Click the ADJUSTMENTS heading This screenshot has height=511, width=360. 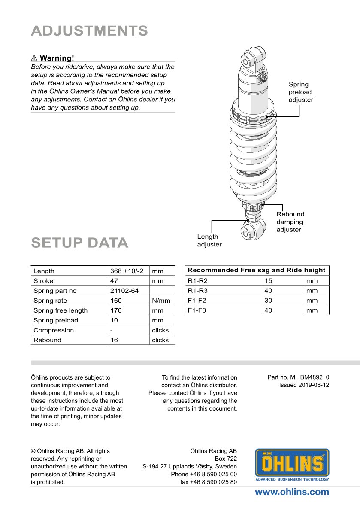click(89, 31)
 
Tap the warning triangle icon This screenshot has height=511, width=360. click(34, 58)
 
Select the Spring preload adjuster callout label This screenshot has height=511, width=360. click(300, 92)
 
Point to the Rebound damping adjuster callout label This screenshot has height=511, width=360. click(290, 222)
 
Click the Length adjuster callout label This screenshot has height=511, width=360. click(209, 240)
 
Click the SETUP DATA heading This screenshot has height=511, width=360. click(80, 243)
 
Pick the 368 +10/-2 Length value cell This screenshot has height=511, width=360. click(127, 271)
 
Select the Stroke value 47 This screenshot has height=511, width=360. click(115, 281)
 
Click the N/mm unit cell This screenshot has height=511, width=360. click(161, 301)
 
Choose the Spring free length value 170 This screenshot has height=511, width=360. click(116, 310)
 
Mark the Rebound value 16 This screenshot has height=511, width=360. click(114, 340)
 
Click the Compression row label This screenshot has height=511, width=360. click(54, 330)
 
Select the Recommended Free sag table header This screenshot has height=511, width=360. click(257, 270)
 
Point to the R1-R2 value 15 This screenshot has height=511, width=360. click(269, 281)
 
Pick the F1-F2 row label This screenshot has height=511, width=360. click(197, 301)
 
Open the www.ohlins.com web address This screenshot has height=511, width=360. click(292, 492)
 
